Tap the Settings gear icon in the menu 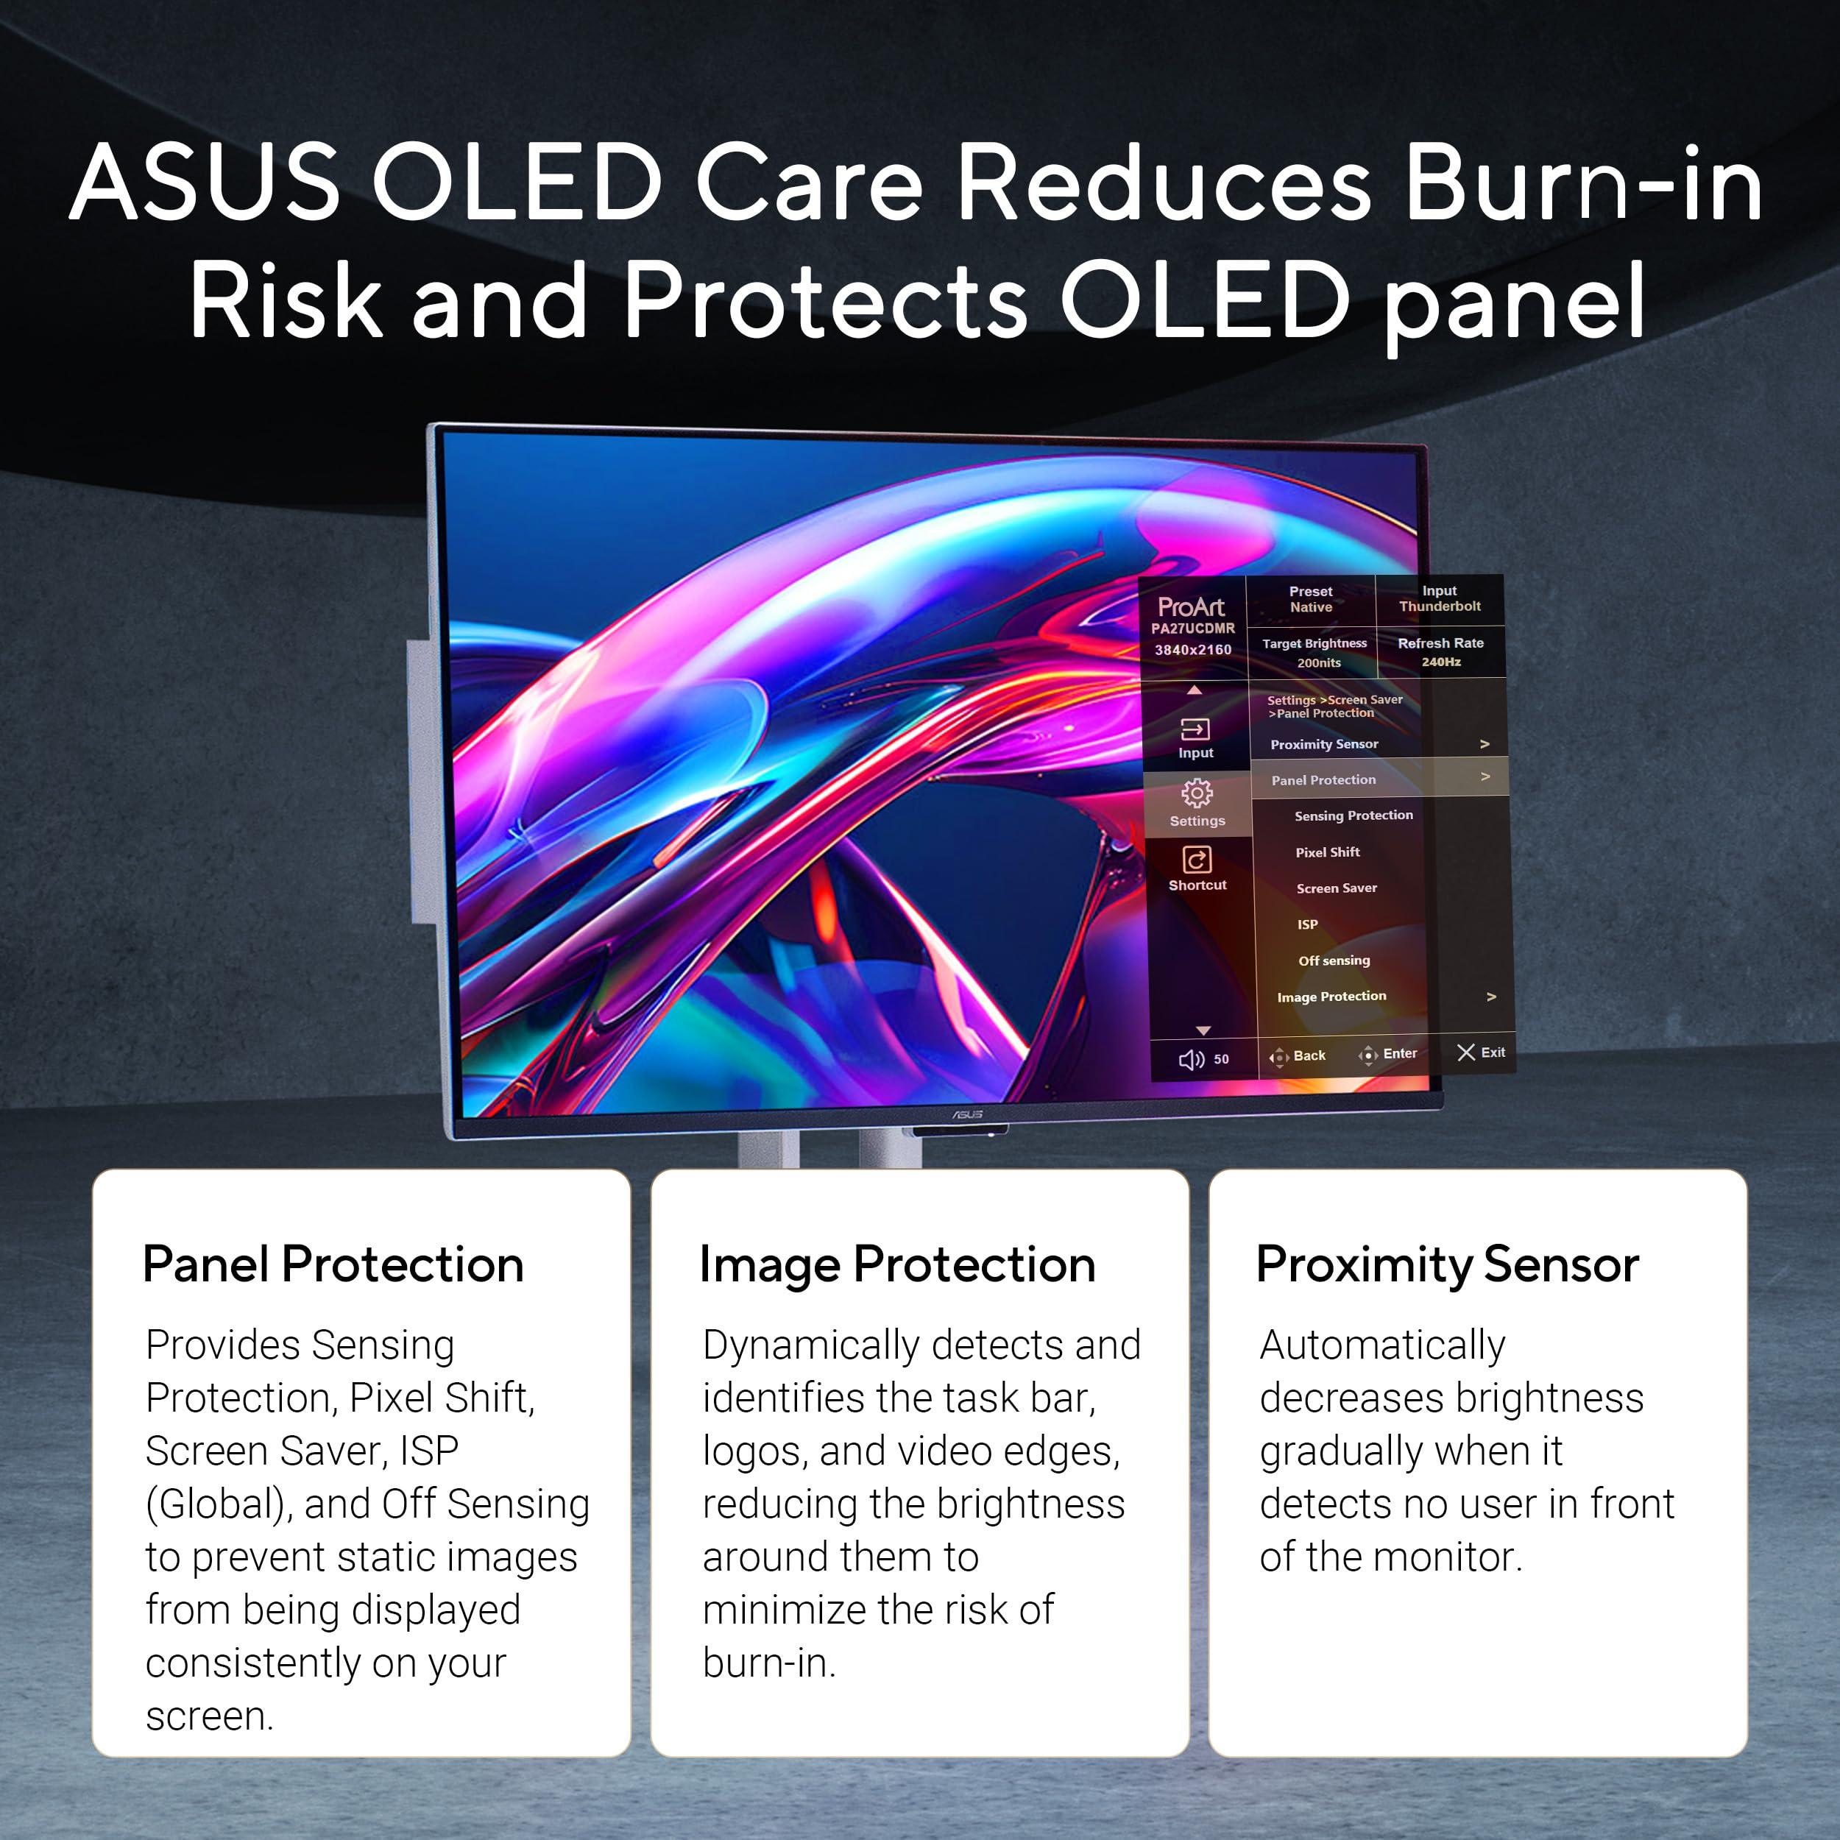pos(1197,793)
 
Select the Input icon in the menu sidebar pos(1195,729)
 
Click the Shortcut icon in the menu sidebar pos(1197,860)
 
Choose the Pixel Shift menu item pos(1328,852)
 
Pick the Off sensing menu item pos(1334,961)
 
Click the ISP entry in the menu pos(1308,924)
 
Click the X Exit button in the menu pos(1481,1052)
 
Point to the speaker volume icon pos(1192,1060)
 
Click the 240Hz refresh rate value pos(1441,662)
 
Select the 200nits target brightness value pos(1319,663)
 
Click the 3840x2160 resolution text pos(1193,650)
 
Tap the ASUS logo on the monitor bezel pos(968,1114)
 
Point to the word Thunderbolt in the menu pos(1440,606)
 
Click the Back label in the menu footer pos(1309,1055)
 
